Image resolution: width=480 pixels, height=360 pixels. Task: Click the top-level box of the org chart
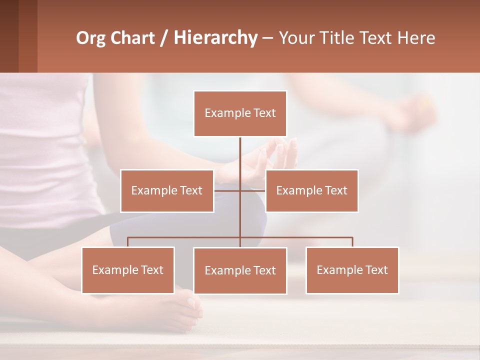(x=240, y=113)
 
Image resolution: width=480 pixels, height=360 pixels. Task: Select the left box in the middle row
(x=167, y=190)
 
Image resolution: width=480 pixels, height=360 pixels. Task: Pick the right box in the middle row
(x=311, y=190)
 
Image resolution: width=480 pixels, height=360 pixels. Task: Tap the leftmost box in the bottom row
(x=128, y=270)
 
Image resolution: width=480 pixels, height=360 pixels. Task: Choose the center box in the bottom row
(x=240, y=270)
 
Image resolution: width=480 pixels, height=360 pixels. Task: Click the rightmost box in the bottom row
(x=352, y=270)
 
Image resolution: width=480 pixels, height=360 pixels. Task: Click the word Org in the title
(x=90, y=38)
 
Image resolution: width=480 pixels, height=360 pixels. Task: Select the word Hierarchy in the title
(x=215, y=38)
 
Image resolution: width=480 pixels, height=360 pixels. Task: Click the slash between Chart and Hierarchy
(x=164, y=38)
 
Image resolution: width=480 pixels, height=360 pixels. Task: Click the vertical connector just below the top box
(x=240, y=152)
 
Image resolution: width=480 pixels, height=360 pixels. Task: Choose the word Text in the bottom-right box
(x=376, y=270)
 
